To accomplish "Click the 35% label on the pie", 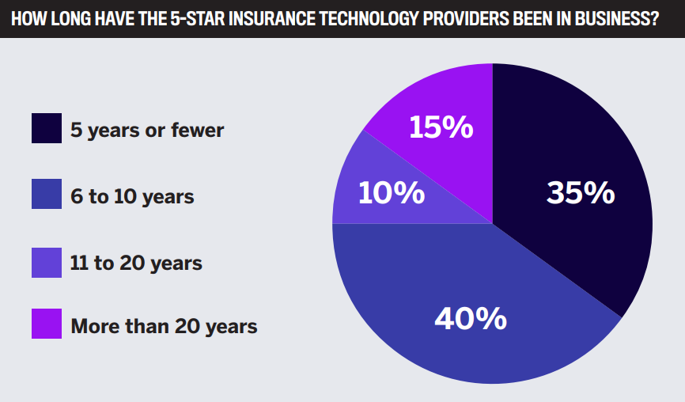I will click(580, 193).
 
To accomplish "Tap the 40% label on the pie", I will click(471, 318).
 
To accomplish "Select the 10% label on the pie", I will click(391, 194).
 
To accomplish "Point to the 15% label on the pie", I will click(441, 127).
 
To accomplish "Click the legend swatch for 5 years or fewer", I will click(47, 128).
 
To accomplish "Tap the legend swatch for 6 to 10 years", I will click(47, 195).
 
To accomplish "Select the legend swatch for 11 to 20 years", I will click(47, 262).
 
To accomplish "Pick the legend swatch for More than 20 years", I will click(47, 324).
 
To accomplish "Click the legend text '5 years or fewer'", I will click(147, 129).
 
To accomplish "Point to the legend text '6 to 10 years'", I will click(132, 195).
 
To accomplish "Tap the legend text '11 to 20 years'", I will click(136, 263).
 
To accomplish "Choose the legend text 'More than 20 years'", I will click(164, 325).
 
